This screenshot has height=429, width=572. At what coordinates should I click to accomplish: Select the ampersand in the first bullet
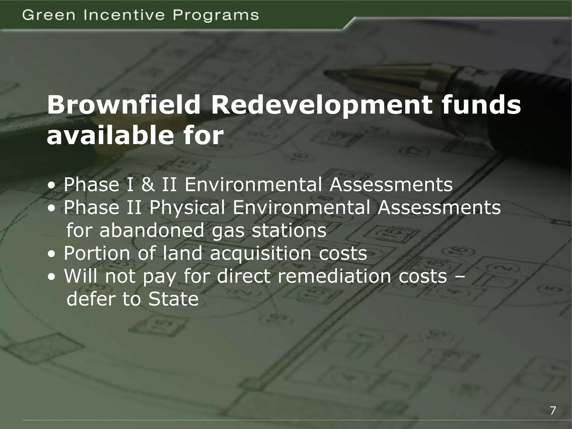[x=148, y=185]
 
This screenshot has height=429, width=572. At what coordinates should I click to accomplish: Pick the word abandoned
[x=153, y=230]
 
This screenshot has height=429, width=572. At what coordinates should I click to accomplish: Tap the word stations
[x=289, y=231]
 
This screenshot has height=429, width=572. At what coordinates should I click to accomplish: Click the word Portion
[x=97, y=253]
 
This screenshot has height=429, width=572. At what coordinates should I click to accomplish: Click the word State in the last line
[x=173, y=299]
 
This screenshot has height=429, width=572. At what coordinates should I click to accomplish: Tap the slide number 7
[x=553, y=411]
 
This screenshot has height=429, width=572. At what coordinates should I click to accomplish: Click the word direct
[x=244, y=276]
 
